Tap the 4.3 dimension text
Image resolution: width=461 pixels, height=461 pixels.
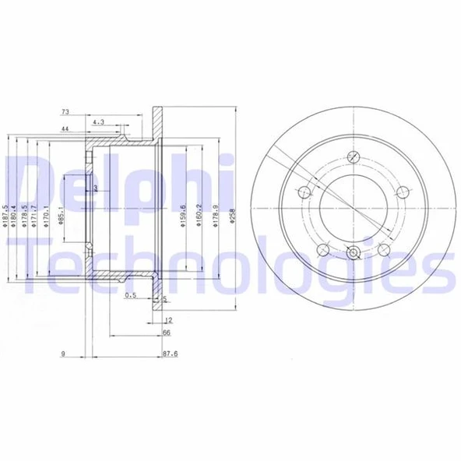click(99, 122)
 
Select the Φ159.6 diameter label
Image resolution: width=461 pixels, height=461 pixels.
click(183, 216)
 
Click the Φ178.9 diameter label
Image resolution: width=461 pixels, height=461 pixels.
click(214, 216)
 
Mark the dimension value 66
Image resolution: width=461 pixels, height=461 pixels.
click(166, 333)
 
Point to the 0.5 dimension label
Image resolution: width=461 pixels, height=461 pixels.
click(131, 296)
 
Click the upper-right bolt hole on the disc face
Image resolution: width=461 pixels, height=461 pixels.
click(402, 192)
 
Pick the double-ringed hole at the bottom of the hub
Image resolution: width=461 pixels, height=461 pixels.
click(354, 253)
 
